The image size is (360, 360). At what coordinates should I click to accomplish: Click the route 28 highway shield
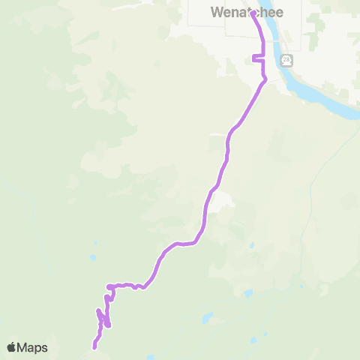[286, 59]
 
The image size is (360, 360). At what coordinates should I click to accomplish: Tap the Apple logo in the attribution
[12, 347]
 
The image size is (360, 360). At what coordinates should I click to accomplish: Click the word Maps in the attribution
[33, 347]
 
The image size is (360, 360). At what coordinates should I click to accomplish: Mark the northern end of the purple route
[252, 12]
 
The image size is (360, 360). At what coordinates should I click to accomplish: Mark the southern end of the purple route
[94, 347]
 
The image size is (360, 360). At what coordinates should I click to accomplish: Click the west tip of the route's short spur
[253, 58]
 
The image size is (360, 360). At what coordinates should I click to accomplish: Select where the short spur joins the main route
[262, 57]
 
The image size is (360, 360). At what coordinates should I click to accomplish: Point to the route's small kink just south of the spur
[265, 78]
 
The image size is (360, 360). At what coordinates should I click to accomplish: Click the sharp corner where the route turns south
[109, 286]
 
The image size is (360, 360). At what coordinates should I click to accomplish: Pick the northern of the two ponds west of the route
[94, 244]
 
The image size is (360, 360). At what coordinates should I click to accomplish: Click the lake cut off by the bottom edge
[151, 357]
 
